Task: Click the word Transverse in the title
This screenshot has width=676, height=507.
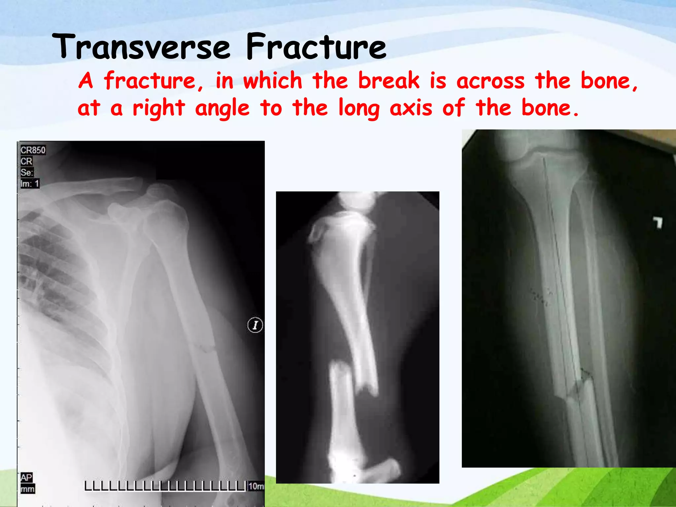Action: pos(141,47)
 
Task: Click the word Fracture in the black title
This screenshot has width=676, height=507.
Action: pos(316,47)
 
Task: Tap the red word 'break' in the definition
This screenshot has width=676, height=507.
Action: pos(389,81)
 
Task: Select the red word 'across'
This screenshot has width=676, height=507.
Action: pos(490,82)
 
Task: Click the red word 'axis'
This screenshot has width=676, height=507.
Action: pos(411,108)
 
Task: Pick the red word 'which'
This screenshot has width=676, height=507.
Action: pos(273,81)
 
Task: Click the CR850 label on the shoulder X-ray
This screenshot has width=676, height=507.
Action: pos(33,150)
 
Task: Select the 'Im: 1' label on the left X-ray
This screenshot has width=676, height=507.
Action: pos(30,184)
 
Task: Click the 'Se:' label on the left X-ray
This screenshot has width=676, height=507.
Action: pos(27,172)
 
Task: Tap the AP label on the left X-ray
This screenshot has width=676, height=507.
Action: pos(26,477)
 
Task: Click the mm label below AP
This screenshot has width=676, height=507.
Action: pos(27,489)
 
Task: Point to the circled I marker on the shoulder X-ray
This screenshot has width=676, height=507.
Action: pos(255,325)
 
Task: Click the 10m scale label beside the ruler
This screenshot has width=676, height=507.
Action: pos(256,486)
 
